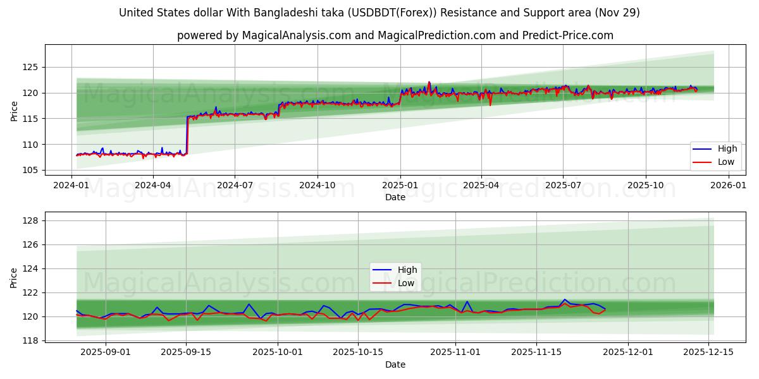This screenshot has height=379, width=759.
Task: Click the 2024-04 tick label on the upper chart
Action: tap(153, 185)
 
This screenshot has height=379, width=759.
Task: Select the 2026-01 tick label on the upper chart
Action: tap(729, 185)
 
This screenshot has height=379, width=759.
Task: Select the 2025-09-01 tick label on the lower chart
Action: tap(105, 352)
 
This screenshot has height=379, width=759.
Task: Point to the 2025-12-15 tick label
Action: tap(708, 352)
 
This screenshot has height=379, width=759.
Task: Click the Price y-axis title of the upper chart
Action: tap(14, 111)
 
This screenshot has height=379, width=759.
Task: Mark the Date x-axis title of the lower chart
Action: tap(395, 364)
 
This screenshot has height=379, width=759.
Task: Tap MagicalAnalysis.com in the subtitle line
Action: tap(297, 35)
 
